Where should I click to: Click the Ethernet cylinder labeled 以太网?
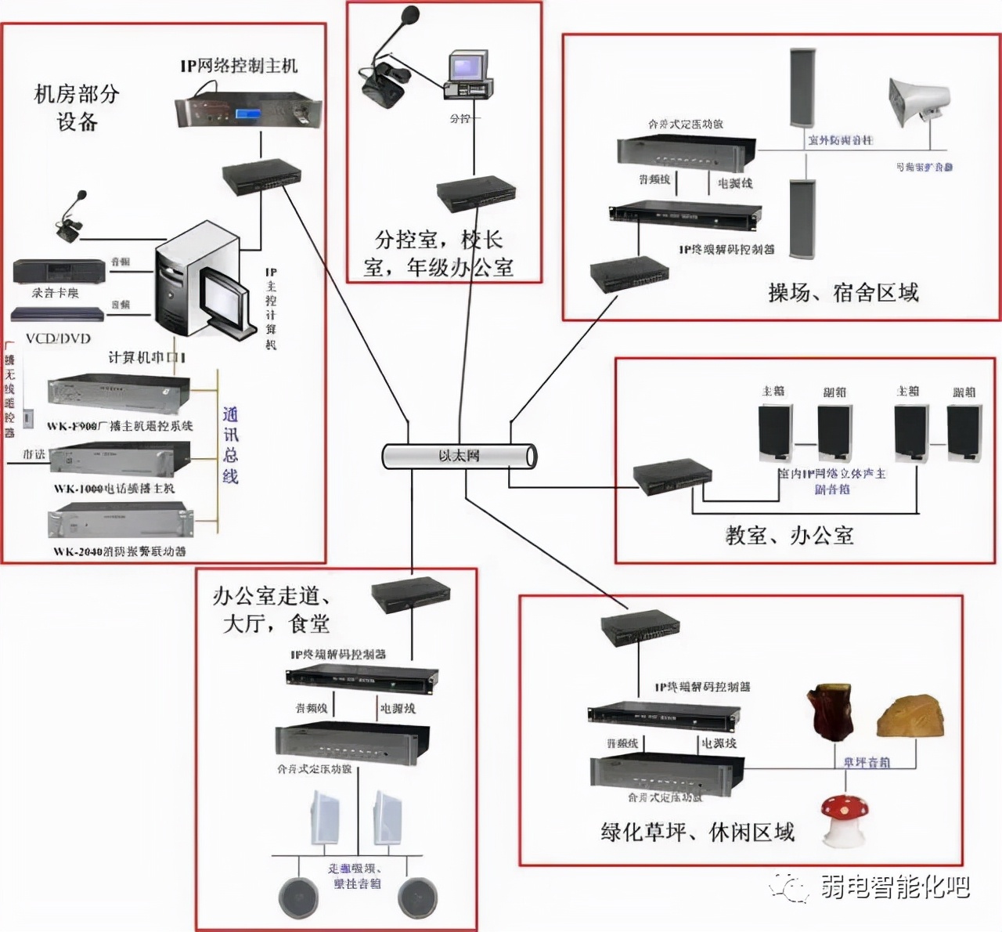click(460, 456)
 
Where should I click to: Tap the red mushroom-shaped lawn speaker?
click(842, 820)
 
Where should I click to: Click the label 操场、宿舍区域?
click(842, 293)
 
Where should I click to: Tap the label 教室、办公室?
click(789, 536)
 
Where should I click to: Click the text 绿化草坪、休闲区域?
click(697, 832)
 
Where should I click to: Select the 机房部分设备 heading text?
click(77, 107)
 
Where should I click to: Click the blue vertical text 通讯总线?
click(230, 445)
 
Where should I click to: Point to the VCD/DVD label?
click(58, 338)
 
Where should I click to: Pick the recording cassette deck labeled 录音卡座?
click(59, 272)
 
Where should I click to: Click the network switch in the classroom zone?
click(672, 476)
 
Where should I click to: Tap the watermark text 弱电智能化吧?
click(895, 887)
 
